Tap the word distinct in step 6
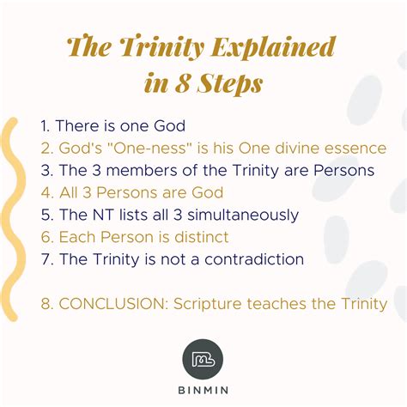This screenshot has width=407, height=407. click(199, 237)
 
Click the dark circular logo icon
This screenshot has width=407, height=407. click(203, 358)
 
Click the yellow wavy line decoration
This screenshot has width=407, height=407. click(12, 215)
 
